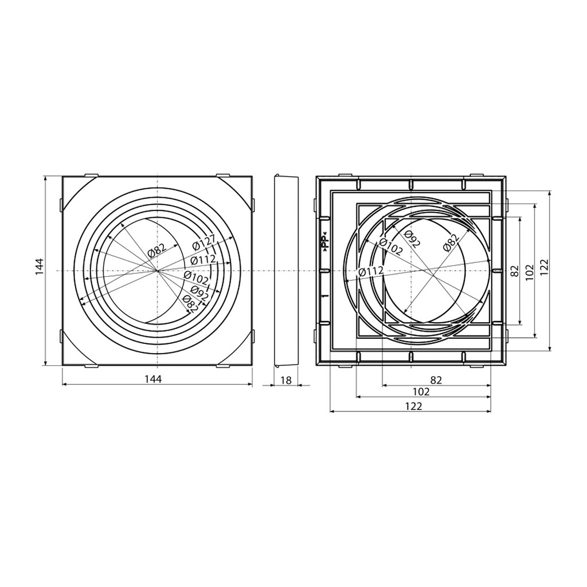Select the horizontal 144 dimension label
click(153, 379)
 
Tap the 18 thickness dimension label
click(285, 381)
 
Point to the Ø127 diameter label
click(205, 241)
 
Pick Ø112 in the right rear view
click(371, 271)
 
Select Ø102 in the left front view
click(196, 277)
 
